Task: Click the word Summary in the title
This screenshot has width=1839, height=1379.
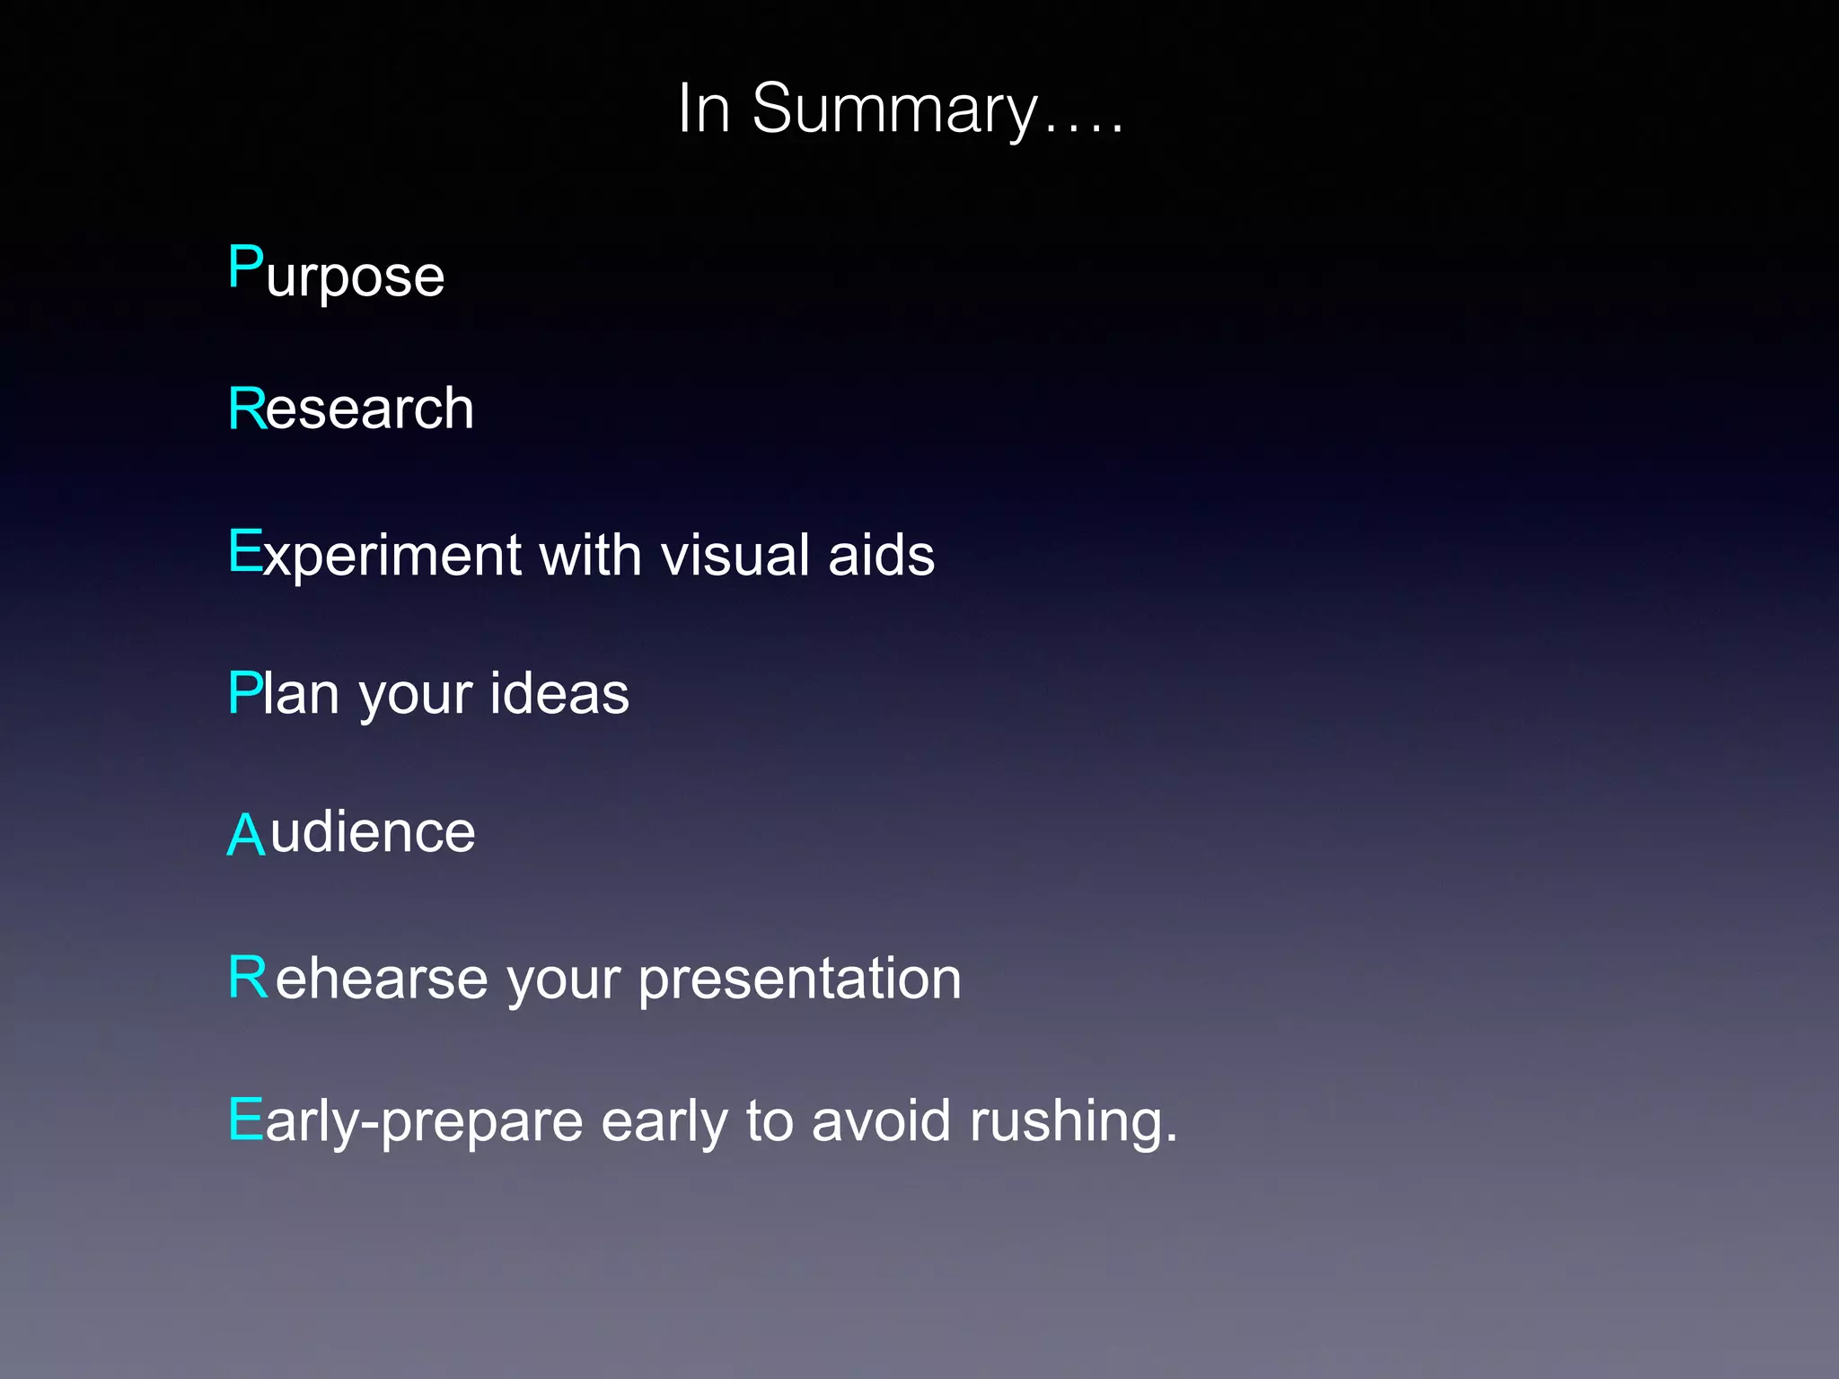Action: (894, 110)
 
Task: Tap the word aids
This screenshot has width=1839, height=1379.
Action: (881, 555)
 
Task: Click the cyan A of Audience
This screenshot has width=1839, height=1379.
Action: (245, 834)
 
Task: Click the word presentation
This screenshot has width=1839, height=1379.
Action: (799, 979)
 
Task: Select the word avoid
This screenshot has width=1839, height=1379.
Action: (880, 1121)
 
